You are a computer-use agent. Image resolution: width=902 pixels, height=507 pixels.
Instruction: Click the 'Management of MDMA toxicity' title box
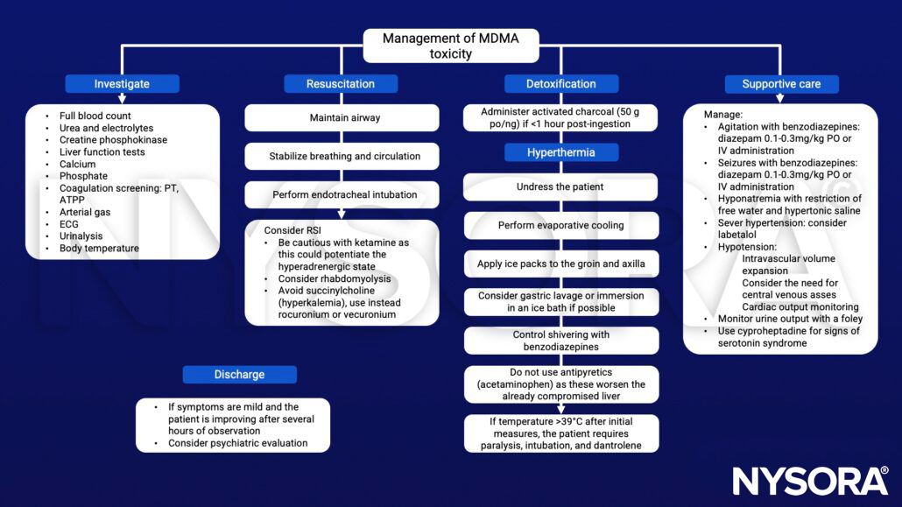tap(451, 46)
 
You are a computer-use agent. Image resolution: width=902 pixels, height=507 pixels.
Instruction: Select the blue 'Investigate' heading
tap(122, 84)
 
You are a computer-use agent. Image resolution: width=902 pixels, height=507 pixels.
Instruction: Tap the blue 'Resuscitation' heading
tap(341, 84)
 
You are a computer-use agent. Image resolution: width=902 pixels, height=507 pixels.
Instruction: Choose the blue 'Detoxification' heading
tap(561, 84)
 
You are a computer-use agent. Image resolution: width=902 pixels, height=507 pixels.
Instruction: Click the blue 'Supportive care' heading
tap(781, 84)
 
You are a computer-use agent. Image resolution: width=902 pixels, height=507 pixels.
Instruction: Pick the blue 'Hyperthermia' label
tap(561, 152)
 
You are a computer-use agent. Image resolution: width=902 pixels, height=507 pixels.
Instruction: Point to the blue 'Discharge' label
tap(239, 375)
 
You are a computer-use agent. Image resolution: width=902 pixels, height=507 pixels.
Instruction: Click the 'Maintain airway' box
tap(341, 117)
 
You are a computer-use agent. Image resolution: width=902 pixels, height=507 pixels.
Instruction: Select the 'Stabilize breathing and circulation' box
tap(341, 156)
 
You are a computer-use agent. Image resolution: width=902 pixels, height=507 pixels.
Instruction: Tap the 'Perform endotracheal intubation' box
tap(341, 194)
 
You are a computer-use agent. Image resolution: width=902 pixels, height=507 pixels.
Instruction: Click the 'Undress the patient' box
tap(561, 187)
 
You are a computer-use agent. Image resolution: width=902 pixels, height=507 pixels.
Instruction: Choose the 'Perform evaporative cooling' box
tap(561, 225)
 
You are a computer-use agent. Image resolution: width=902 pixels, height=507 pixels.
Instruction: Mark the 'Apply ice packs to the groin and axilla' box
tap(561, 264)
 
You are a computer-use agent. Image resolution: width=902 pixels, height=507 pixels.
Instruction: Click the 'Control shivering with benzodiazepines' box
tap(561, 341)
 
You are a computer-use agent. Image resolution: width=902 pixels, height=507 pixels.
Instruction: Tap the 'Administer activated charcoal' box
tap(561, 117)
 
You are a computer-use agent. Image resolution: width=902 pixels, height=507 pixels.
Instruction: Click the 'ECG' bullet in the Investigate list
tap(69, 224)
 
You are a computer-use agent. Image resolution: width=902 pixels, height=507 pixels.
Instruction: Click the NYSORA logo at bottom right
tap(810, 481)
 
